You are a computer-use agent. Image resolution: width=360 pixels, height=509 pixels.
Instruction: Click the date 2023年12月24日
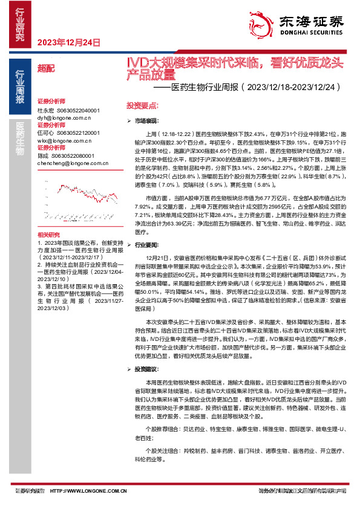[68, 42]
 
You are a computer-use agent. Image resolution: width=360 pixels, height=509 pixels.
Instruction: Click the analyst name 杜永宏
[45, 111]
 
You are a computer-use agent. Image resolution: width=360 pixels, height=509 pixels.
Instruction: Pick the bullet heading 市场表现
[145, 122]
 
